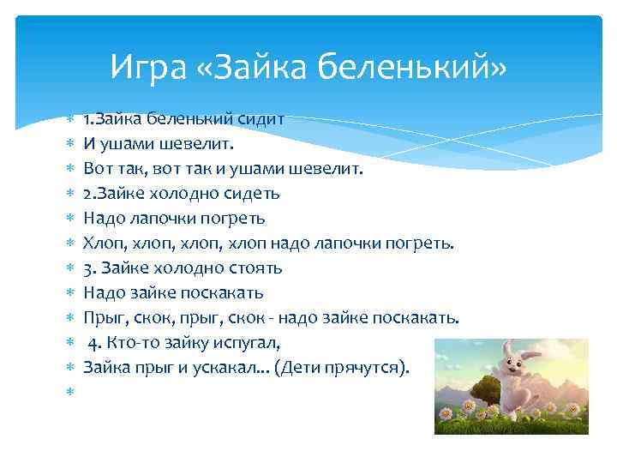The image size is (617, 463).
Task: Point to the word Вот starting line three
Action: tap(98, 169)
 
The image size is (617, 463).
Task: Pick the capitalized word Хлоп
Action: tap(102, 244)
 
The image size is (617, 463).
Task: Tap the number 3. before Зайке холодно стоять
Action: tap(90, 268)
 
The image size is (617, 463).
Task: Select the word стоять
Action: tap(253, 268)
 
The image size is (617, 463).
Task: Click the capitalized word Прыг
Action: tap(102, 318)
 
